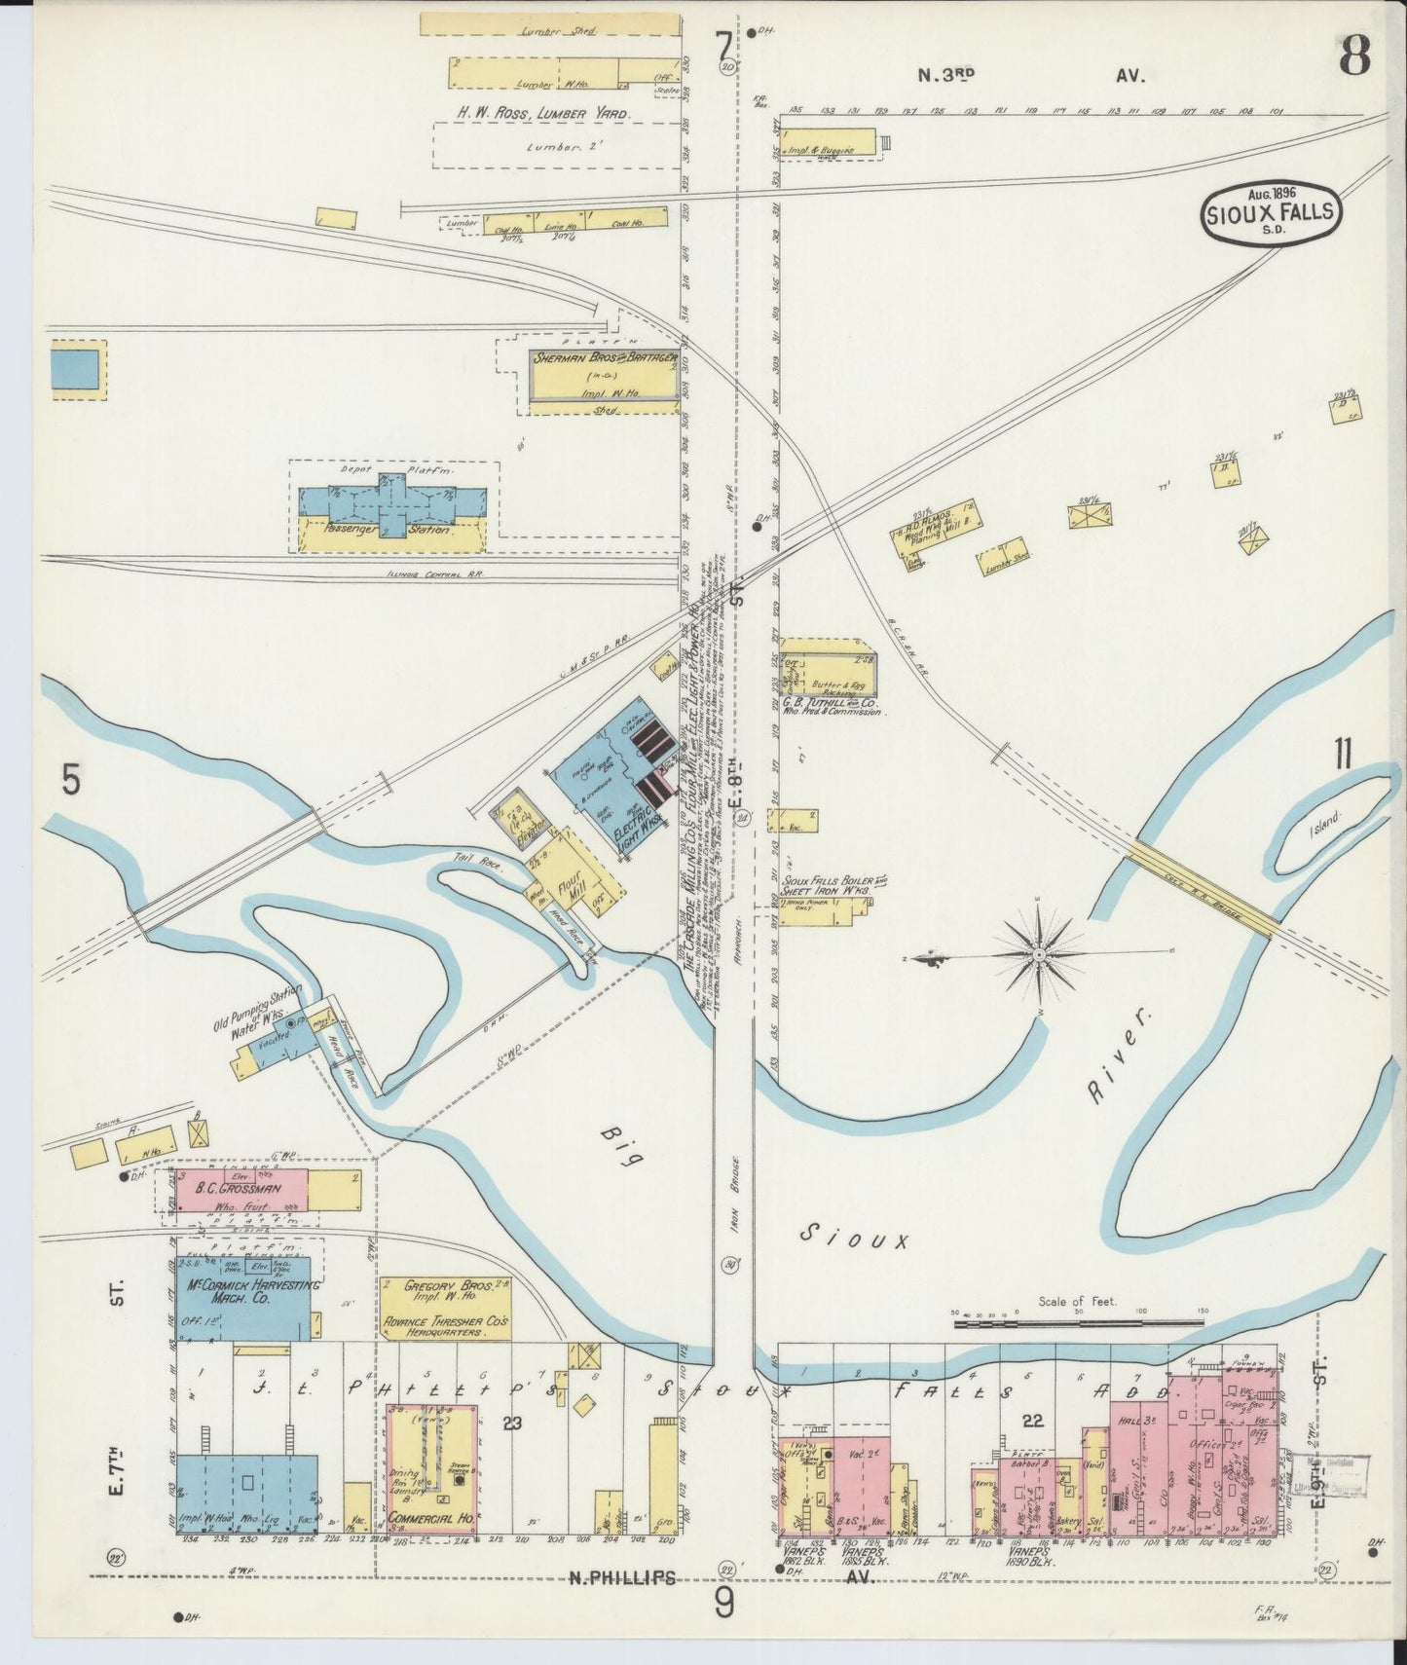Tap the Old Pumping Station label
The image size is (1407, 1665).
255,1009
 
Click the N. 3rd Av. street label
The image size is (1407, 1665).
1032,74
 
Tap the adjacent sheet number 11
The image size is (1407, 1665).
1344,755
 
